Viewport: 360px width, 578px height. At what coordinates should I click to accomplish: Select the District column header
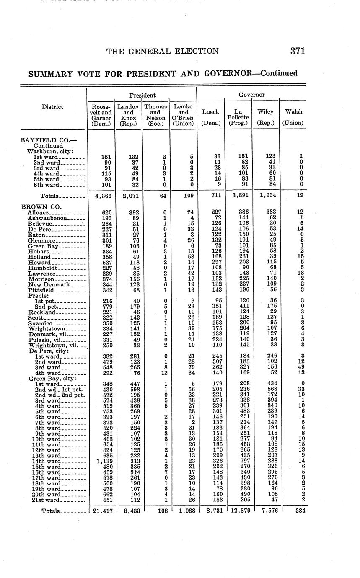tap(53, 107)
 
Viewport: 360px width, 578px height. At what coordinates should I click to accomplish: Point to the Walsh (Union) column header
tap(293, 117)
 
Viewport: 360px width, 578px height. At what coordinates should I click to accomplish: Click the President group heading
tap(142, 95)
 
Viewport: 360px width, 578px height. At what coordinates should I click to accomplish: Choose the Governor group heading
tap(251, 95)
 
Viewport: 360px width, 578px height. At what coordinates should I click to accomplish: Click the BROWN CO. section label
tap(41, 206)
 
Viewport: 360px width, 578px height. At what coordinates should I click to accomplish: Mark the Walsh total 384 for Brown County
tap(300, 511)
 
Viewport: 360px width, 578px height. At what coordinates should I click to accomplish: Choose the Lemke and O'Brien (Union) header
tap(183, 115)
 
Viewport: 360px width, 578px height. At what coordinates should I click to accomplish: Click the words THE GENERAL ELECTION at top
tap(162, 52)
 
